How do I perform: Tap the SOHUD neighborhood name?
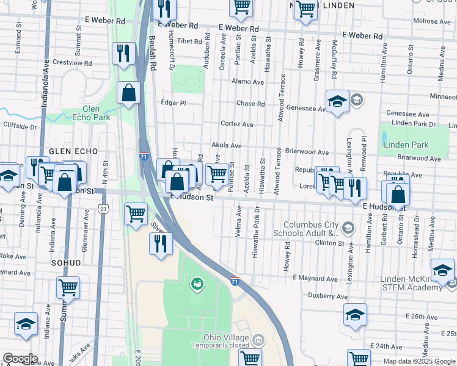[x=67, y=262]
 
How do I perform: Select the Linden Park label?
[x=406, y=145]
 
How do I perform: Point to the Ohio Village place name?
[x=227, y=338]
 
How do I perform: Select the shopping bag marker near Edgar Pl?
[x=129, y=93]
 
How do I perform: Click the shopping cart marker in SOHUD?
[x=68, y=287]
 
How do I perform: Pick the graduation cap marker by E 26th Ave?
[x=355, y=315]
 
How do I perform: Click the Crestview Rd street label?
[x=72, y=63]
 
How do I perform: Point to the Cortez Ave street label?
[x=237, y=124]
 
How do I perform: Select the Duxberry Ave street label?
[x=327, y=296]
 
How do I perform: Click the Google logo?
[x=20, y=359]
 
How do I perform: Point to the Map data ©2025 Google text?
[x=419, y=361]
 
